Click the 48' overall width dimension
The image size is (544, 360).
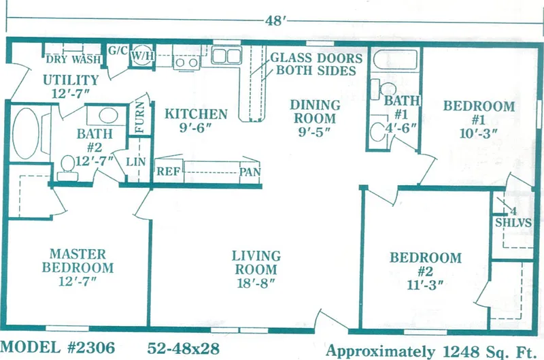click(275, 20)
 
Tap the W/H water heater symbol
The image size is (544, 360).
click(142, 55)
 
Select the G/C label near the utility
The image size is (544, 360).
click(118, 50)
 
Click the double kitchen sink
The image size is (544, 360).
click(226, 56)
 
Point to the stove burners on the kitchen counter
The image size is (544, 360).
click(186, 63)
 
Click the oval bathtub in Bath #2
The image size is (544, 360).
click(25, 133)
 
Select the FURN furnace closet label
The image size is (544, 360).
click(139, 117)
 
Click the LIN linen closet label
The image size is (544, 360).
click(135, 162)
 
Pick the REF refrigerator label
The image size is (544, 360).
click(168, 171)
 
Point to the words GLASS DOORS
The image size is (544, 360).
click(316, 58)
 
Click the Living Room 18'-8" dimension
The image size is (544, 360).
click(256, 283)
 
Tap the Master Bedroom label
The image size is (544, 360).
click(78, 261)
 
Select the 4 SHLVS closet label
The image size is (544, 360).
click(513, 217)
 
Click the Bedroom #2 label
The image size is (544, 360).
click(426, 264)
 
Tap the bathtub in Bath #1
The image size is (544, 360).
click(396, 61)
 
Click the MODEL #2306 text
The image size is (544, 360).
click(58, 347)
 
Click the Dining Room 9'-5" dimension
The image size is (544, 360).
click(315, 132)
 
